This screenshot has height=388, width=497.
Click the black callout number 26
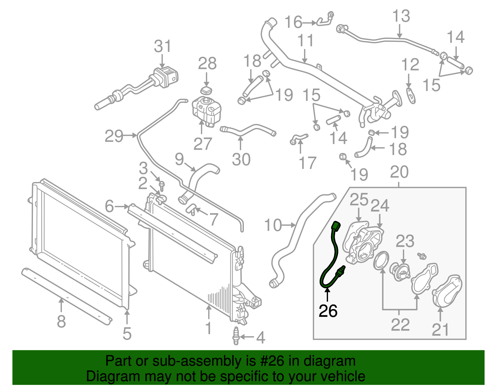pos(328,311)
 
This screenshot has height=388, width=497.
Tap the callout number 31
pos(162,47)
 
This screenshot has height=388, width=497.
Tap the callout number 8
pos(61,322)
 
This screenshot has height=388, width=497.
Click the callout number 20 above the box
pos(399,172)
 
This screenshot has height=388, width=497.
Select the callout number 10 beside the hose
pos(273,225)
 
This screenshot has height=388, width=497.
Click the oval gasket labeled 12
pos(411,95)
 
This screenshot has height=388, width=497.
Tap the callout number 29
pos(114,136)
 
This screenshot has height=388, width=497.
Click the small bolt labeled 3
pos(162,185)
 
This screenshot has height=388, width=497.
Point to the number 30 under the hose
pos(241,160)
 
